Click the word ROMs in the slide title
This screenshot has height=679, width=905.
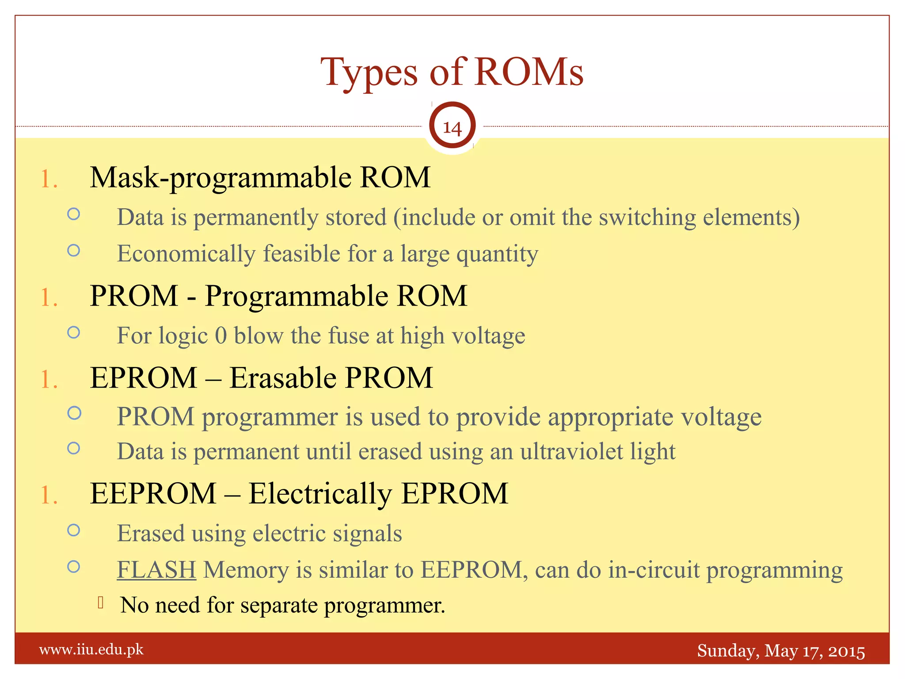[529, 72]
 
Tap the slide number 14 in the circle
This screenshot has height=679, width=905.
[452, 127]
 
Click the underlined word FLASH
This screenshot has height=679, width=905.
[156, 569]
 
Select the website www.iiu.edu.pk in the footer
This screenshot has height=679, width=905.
[91, 649]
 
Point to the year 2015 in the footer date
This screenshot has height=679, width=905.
[846, 651]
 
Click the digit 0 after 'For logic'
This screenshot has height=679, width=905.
[221, 336]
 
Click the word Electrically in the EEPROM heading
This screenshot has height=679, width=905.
[320, 493]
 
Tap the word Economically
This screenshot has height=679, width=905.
[186, 254]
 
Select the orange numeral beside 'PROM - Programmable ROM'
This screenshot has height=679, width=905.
[49, 297]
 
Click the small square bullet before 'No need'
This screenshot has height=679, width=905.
[101, 603]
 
